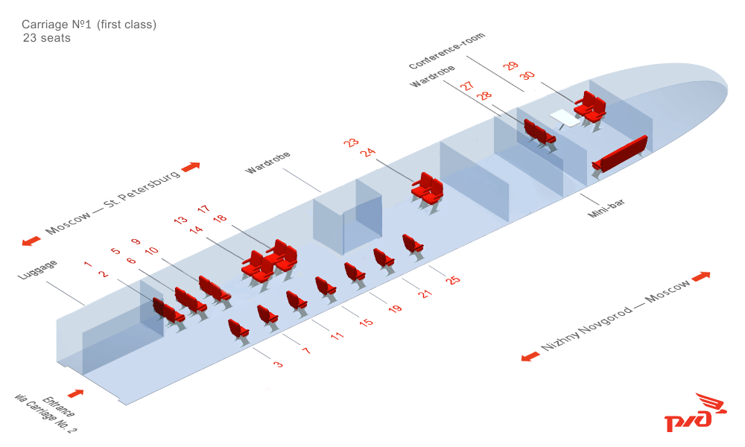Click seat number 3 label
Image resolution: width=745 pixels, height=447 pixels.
pos(278,364)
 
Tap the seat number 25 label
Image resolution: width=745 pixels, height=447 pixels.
pos(453,280)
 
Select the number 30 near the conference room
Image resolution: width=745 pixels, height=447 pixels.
pos(527,76)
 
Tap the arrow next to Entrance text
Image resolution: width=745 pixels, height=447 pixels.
pos(75,393)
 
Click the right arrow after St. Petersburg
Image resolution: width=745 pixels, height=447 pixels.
pos(191,166)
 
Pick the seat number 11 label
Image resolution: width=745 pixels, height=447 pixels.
pos(337,335)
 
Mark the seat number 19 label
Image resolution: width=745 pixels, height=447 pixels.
pos(395,308)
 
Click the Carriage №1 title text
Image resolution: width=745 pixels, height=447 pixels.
pos(89,25)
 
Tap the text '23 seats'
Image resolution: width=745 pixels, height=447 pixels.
pos(47,38)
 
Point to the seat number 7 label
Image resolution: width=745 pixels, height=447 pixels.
pos(306,349)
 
